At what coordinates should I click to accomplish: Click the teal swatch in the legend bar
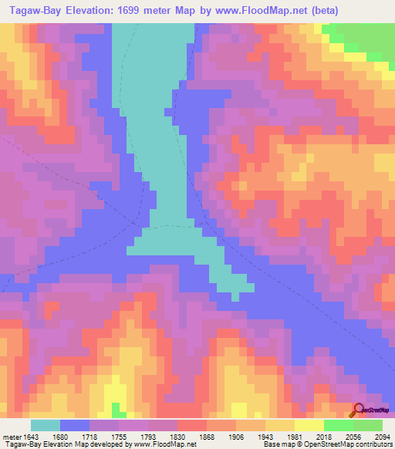pyautogui.click(x=46, y=425)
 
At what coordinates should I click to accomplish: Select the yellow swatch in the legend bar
pyautogui.click(x=309, y=425)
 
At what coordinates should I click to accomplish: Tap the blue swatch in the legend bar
pyautogui.click(x=75, y=425)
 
